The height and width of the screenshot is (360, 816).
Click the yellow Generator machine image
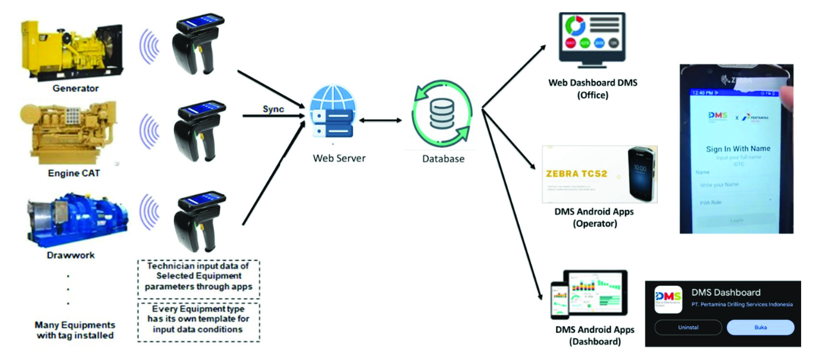tap(72, 50)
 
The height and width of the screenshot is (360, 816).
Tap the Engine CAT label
tap(74, 173)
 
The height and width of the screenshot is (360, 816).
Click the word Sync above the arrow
tap(273, 109)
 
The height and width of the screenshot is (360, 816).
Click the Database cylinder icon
tap(442, 114)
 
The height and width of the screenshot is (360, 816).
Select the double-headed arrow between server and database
tap(380, 120)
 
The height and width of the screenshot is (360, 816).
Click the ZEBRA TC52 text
tap(576, 174)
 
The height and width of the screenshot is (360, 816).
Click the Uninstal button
tap(688, 327)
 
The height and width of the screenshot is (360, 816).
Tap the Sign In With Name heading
tap(738, 149)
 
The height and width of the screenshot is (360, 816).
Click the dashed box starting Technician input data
tap(198, 276)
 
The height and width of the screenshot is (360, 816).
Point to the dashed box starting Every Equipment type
tap(198, 320)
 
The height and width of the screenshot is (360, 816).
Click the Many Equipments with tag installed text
tap(75, 330)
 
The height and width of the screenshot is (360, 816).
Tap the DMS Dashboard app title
tap(726, 292)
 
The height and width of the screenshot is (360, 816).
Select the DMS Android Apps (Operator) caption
tap(594, 217)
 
